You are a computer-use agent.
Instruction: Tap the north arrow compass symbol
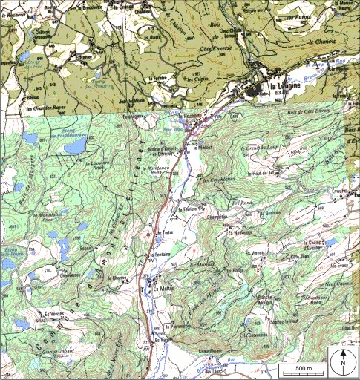344,363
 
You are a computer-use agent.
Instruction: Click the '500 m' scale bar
303,368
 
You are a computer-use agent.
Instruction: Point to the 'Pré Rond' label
242,201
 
